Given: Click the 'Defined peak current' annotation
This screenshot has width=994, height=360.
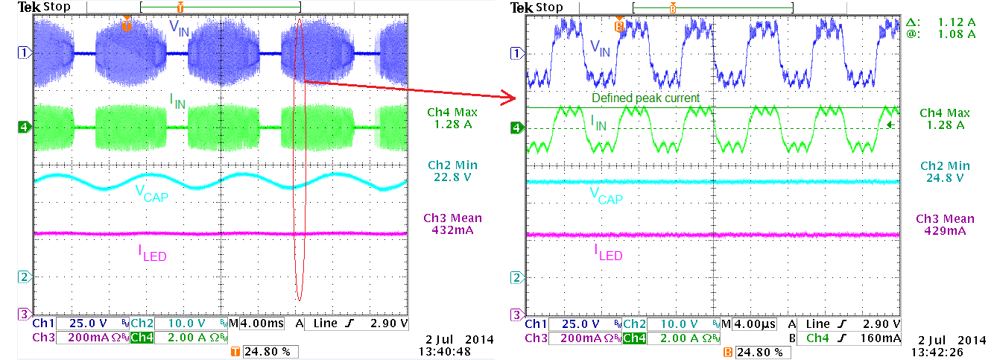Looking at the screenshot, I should point(645,98).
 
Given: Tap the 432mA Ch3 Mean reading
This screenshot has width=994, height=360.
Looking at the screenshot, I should point(449,230).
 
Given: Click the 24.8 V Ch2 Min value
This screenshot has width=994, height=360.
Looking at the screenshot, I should point(944,177).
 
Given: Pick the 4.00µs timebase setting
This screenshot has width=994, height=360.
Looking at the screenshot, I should point(755,324).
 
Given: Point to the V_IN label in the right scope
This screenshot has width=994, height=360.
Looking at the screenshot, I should point(600,50).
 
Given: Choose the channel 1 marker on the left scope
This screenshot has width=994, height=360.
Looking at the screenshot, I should point(23,53).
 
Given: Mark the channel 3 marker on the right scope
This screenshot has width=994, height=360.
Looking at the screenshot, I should point(515,314).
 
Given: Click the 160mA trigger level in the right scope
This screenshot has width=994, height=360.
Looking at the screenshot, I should point(884,338).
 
